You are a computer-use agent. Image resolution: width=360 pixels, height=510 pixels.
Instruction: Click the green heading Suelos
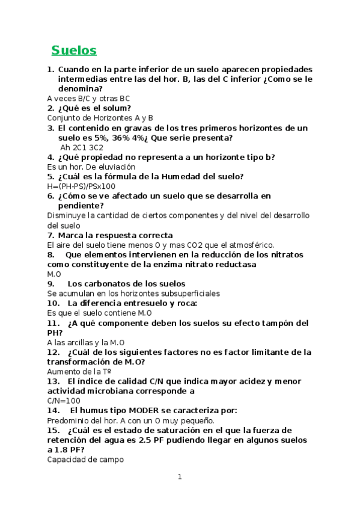tap(74, 49)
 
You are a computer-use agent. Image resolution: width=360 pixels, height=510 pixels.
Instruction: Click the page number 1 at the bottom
tap(179, 477)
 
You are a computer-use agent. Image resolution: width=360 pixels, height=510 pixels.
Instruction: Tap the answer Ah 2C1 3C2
tap(82, 147)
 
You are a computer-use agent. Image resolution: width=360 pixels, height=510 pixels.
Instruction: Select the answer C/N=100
tap(63, 401)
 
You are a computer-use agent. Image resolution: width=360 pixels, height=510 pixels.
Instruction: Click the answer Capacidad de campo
tap(85, 459)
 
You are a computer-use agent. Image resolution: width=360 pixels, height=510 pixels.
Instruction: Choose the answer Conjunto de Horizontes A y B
tap(100, 118)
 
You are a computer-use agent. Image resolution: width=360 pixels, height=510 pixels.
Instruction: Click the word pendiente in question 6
tap(81, 206)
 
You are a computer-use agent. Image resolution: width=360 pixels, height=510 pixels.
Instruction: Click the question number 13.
tap(52, 381)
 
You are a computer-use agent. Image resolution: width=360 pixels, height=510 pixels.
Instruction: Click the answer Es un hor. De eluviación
tap(91, 167)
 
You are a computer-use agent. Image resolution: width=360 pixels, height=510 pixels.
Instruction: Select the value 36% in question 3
tap(118, 138)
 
